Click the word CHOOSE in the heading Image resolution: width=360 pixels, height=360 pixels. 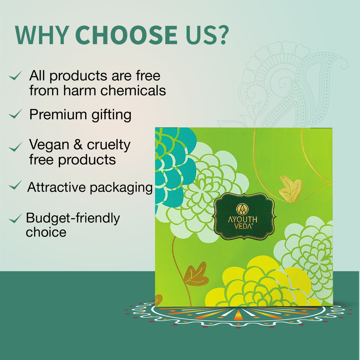[126, 35]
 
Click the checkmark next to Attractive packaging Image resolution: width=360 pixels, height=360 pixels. [15, 185]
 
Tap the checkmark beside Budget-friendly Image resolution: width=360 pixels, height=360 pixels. [15, 219]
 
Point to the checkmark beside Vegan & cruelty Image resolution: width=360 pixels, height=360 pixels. [15, 147]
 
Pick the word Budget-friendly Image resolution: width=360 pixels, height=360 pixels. [73, 218]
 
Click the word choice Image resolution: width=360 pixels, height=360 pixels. [46, 232]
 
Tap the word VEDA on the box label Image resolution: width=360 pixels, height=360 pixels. [243, 226]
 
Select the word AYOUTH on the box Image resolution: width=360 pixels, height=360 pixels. [243, 219]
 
